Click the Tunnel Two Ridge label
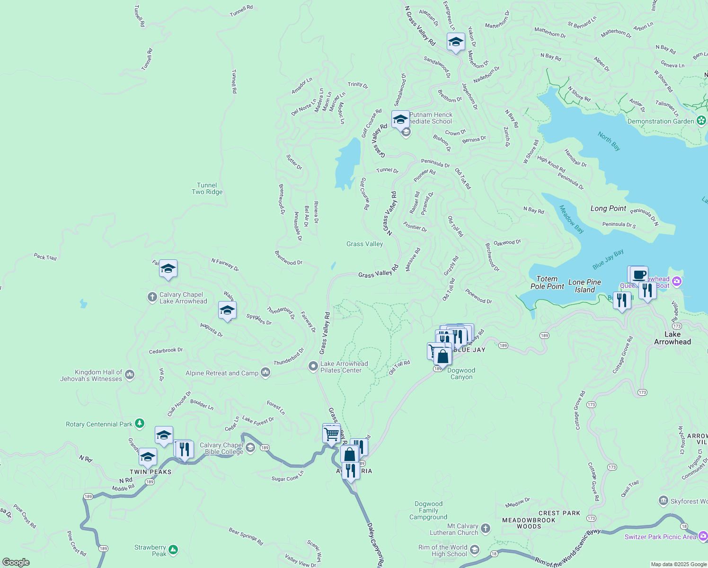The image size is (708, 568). point(207,188)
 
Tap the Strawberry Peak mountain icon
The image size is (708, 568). point(173,550)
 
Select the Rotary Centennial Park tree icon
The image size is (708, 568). point(139,423)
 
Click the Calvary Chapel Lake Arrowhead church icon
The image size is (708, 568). point(152,297)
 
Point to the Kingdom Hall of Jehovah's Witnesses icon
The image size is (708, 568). point(130,375)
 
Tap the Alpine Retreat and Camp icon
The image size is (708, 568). point(265,373)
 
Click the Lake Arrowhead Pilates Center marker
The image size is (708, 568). point(313,367)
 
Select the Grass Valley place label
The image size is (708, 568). point(364,244)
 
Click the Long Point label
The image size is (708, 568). point(608,208)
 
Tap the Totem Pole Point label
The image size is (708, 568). point(547,283)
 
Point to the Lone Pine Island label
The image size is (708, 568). point(585,286)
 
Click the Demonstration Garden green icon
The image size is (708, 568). point(701,121)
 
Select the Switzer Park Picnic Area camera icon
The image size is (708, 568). point(703,536)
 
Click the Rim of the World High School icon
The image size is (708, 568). point(475,550)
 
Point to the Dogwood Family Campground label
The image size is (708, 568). point(428,510)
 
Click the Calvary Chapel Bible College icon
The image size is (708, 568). point(250,448)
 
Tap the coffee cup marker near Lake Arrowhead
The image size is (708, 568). point(639,275)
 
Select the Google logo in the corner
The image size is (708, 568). point(16,562)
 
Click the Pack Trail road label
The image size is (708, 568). point(45,257)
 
